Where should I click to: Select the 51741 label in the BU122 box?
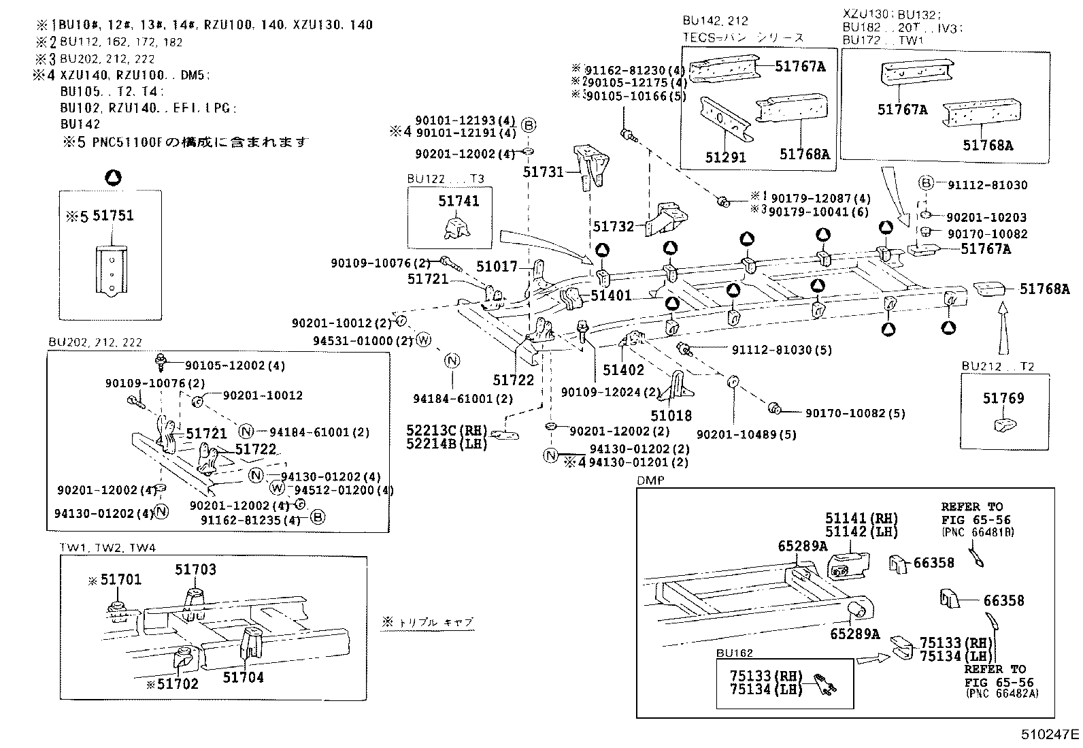point(459,201)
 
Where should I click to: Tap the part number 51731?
point(544,172)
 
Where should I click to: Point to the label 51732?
point(613,226)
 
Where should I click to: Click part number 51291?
point(725,157)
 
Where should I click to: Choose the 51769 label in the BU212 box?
point(1003,398)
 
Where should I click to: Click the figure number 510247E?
point(1049,735)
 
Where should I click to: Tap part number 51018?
point(671,415)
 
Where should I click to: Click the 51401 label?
point(611,295)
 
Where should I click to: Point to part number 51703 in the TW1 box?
point(195,570)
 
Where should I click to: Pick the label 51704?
point(243,677)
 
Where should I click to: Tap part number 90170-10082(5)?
point(855,412)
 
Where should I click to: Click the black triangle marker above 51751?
point(114,178)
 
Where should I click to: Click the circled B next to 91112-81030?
point(925,183)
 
